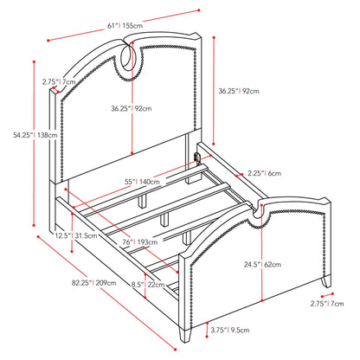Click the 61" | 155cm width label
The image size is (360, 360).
coord(125,25)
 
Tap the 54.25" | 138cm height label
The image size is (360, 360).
coord(35,135)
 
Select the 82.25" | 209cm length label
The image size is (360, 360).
coord(94,283)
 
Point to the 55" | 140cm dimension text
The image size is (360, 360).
coord(142,182)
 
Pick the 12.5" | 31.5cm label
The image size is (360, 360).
coord(76,235)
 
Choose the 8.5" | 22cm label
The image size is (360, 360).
coord(148,285)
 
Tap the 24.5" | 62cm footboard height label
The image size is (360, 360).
coord(262,264)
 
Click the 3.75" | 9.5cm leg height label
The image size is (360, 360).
coord(230,330)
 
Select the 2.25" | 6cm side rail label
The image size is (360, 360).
coord(264,173)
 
